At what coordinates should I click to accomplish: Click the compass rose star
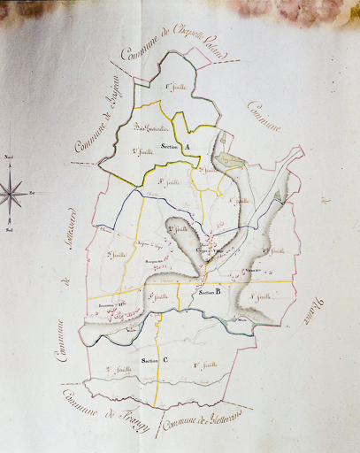pyautogui.click(x=13, y=191)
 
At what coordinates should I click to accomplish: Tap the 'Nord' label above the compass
pyautogui.click(x=10, y=157)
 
